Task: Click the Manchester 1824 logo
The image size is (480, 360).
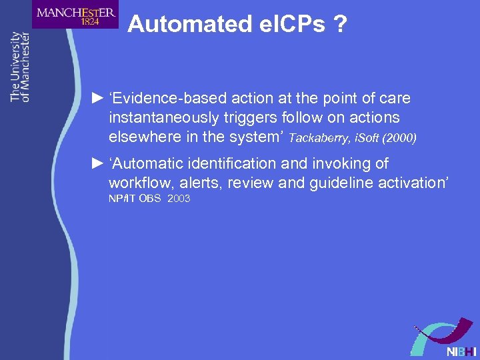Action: (x=75, y=14)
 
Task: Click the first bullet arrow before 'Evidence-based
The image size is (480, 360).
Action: (x=97, y=99)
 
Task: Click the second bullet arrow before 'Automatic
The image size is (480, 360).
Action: (x=97, y=163)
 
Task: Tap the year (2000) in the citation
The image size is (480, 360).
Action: (x=399, y=138)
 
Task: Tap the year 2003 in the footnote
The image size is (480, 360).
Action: (x=179, y=199)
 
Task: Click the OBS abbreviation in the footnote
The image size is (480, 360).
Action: (x=149, y=199)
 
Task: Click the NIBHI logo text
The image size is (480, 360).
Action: (x=461, y=351)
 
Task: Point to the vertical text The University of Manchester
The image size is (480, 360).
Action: (x=20, y=67)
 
